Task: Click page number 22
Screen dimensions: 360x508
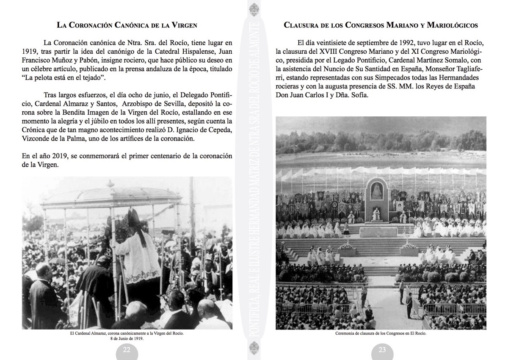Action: [127, 349]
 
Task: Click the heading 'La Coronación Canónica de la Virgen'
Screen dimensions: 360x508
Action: [127, 25]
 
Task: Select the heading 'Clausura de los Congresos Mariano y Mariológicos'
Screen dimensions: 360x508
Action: [381, 25]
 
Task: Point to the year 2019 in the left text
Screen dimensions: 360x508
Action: [56, 156]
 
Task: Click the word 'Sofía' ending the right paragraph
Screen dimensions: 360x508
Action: [359, 95]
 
